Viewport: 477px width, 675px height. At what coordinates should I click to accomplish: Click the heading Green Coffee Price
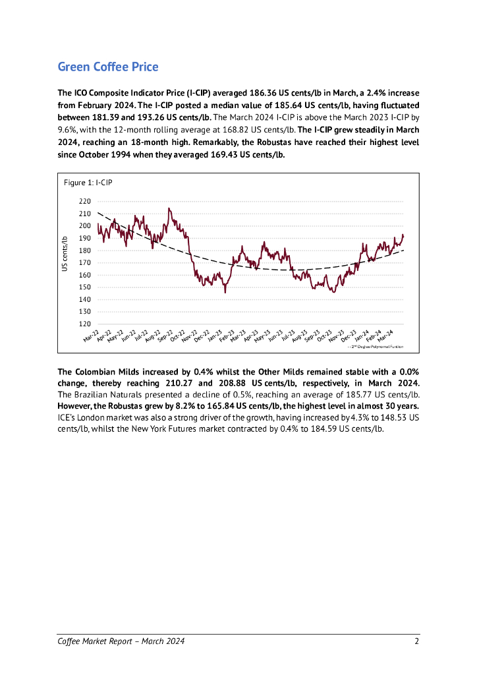(108, 67)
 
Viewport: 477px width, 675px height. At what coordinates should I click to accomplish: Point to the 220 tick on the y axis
(84, 202)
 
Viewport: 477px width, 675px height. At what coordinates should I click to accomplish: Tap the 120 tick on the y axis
(84, 324)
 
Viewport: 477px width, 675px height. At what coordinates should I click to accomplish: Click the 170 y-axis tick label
(84, 263)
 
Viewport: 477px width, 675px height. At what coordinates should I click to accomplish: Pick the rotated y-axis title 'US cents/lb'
(65, 254)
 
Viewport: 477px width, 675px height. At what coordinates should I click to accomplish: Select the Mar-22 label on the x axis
(91, 337)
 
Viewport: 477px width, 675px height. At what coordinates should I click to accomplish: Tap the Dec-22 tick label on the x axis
(202, 337)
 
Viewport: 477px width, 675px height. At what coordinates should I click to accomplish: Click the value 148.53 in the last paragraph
(387, 417)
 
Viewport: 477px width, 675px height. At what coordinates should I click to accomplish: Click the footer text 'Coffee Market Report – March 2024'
(121, 641)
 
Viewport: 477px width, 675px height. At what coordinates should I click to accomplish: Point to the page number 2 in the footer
(417, 641)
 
